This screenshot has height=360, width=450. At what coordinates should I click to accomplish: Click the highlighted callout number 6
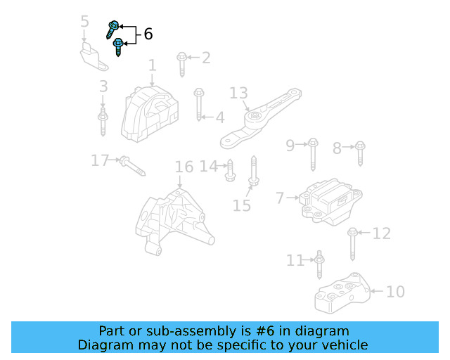click(148, 34)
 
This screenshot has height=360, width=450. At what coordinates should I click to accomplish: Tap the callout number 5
click(85, 21)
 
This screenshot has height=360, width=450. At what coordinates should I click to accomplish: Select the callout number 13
click(239, 93)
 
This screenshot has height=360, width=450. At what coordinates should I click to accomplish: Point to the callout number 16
click(184, 167)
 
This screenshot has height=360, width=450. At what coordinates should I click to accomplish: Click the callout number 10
click(395, 291)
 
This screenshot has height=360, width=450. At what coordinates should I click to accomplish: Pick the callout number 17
click(100, 161)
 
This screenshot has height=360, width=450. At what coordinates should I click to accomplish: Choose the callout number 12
click(381, 233)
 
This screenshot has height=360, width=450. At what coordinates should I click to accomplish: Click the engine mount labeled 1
click(147, 113)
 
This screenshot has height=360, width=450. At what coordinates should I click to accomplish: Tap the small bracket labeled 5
click(94, 56)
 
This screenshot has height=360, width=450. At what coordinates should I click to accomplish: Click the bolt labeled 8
click(360, 153)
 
